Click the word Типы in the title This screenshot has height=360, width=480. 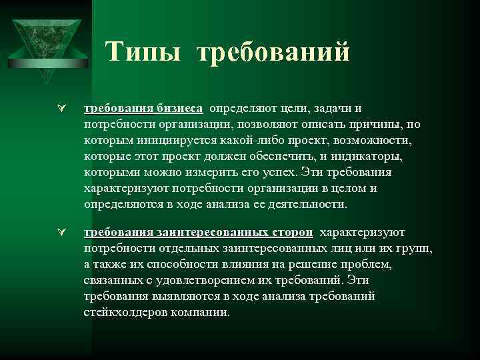coord(143,52)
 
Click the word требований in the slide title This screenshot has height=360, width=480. coord(273,52)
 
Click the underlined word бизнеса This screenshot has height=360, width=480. coord(180,109)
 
